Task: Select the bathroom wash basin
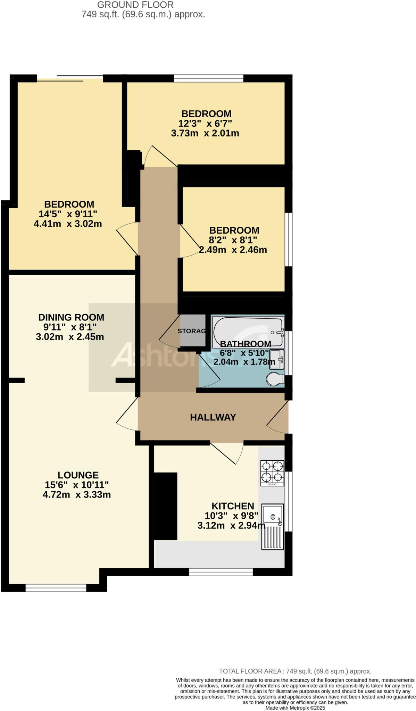[277, 359]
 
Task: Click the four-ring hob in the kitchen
[272, 473]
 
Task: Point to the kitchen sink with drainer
[273, 527]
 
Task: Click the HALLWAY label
[213, 417]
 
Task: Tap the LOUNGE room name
[78, 475]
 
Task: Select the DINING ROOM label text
[71, 317]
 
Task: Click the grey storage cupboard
[192, 331]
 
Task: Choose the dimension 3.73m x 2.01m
[205, 133]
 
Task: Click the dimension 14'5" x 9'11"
[69, 214]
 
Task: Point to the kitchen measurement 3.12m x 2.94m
[231, 526]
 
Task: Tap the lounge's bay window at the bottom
[56, 588]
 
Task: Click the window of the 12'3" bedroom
[208, 78]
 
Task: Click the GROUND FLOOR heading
[135, 5]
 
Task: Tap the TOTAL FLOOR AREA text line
[295, 671]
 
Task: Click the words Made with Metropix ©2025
[295, 708]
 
